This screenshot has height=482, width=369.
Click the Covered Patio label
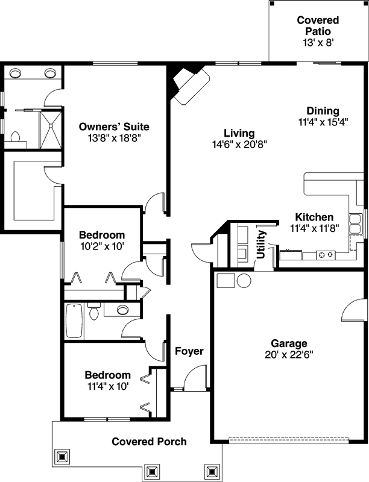(318, 26)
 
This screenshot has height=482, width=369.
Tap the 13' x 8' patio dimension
(318, 43)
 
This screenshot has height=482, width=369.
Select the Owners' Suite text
(115, 127)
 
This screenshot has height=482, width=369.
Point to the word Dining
(323, 111)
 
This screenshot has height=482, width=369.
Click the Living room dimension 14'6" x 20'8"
(239, 145)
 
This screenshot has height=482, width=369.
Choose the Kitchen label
(314, 217)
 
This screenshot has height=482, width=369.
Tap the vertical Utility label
(262, 245)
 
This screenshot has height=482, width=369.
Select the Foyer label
(189, 351)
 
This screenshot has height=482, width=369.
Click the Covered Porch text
(149, 442)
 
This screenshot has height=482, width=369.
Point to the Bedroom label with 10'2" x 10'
(102, 234)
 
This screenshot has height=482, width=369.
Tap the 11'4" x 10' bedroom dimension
(107, 386)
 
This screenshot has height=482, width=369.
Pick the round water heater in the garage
(244, 281)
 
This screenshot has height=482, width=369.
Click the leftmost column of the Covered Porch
(62, 457)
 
